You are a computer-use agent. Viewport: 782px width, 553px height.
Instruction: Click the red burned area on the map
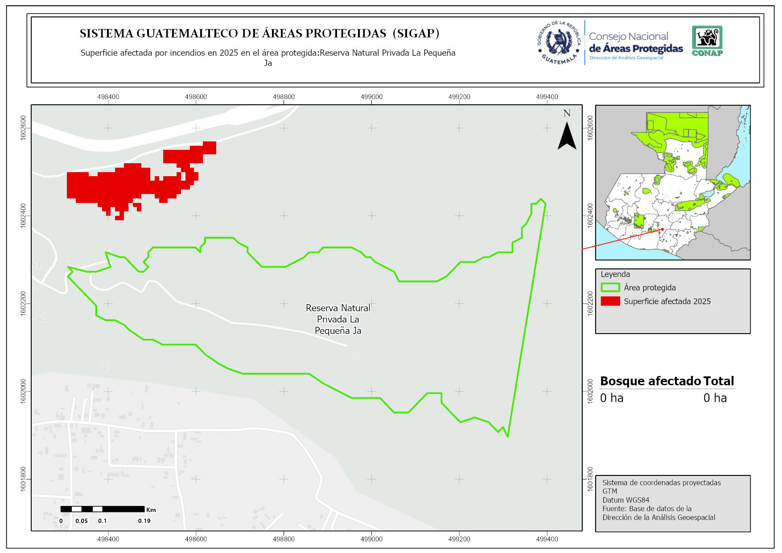pos(120,185)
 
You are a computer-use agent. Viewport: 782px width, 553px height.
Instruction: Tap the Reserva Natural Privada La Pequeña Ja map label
pos(338,319)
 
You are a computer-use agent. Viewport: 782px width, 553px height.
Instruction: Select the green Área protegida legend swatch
pos(610,288)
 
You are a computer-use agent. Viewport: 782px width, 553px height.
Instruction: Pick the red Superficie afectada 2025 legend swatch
pos(610,301)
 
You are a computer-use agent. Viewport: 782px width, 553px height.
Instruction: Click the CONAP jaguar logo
pos(707,40)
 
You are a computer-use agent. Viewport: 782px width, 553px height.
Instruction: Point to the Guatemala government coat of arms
pos(559,43)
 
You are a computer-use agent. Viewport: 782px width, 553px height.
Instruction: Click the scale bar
pos(103,509)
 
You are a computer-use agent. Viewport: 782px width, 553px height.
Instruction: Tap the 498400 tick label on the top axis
pos(108,97)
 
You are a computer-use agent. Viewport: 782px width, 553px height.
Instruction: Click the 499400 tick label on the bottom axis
pos(547,539)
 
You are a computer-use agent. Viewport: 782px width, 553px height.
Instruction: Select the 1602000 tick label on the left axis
pos(23,391)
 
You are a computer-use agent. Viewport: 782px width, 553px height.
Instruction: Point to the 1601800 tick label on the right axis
pos(590,479)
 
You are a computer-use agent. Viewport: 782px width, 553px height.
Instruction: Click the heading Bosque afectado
pos(650,381)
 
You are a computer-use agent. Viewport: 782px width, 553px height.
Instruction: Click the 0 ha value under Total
pos(715,398)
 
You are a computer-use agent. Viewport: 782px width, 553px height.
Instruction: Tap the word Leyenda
pos(615,274)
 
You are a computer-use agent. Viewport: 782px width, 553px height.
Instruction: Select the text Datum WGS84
pos(626,500)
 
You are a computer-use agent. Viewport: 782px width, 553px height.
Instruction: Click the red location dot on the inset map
pos(663,229)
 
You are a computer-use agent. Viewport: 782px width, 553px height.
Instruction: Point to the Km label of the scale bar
pos(151,510)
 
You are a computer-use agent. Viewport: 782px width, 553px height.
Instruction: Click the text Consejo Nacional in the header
pos(628,37)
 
